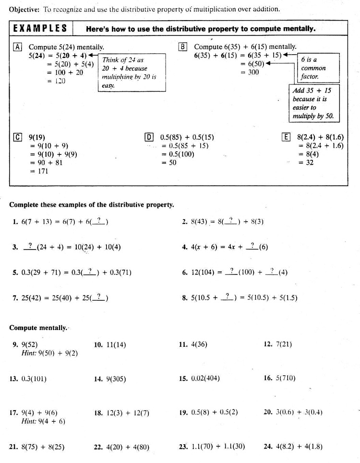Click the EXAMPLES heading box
pos(40,28)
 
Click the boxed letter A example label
pos(18,47)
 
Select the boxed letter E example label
pos(286,137)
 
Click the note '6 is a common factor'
pos(313,68)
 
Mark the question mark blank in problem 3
pos(30,247)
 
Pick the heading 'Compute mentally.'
pos(38,328)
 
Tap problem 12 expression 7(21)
pos(284,344)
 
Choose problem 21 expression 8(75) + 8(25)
pos(43,447)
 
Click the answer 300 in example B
pos(253,72)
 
